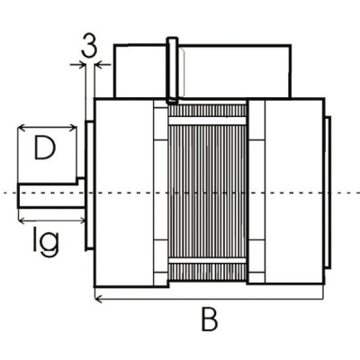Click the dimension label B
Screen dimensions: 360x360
(209, 319)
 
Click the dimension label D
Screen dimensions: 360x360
(45, 148)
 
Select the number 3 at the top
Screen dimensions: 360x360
(88, 47)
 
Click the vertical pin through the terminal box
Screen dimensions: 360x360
(172, 70)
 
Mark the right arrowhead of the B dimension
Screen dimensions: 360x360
(319, 298)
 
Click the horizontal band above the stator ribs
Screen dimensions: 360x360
(208, 121)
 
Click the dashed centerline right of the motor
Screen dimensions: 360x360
(346, 193)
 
